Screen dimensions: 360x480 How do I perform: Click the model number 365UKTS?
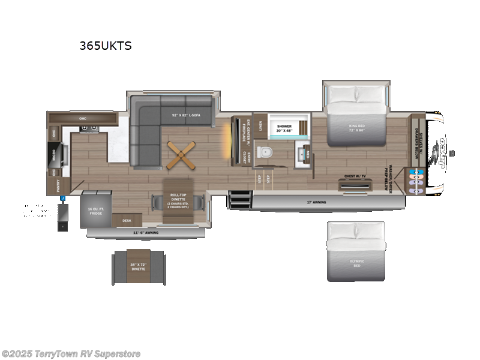(105, 45)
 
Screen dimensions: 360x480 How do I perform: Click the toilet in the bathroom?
(263, 152)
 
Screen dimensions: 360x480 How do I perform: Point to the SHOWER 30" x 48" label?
(284, 128)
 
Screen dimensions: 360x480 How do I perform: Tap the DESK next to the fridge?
(126, 220)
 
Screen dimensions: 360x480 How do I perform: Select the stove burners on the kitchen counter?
(89, 128)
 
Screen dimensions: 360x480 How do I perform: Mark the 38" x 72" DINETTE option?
(139, 266)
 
